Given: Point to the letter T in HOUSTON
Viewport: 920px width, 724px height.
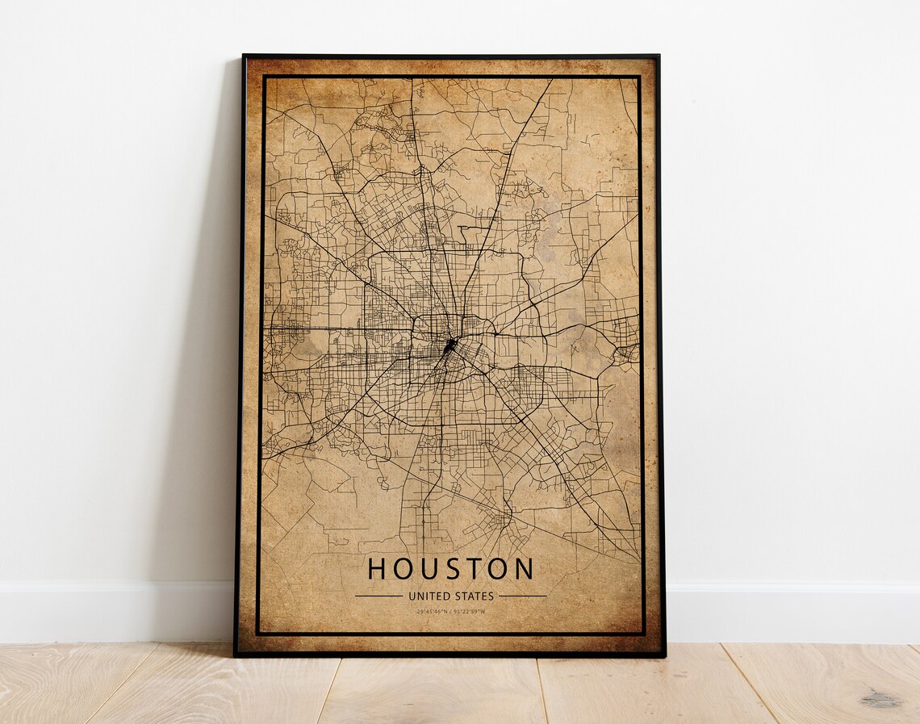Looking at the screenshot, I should [x=473, y=569].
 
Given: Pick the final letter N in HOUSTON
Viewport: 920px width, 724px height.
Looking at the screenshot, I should [x=524, y=569].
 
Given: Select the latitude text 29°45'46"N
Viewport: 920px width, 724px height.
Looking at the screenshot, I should [x=433, y=611].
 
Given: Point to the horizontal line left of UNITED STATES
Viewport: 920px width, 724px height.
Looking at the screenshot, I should [x=378, y=596].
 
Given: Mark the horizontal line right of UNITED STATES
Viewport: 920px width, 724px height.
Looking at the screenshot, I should [x=522, y=596].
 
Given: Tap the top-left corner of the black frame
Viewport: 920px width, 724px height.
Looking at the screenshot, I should [x=245, y=56].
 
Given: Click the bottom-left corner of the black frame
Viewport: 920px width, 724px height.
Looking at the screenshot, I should [x=236, y=654].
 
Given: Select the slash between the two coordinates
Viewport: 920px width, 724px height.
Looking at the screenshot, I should [x=452, y=611].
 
